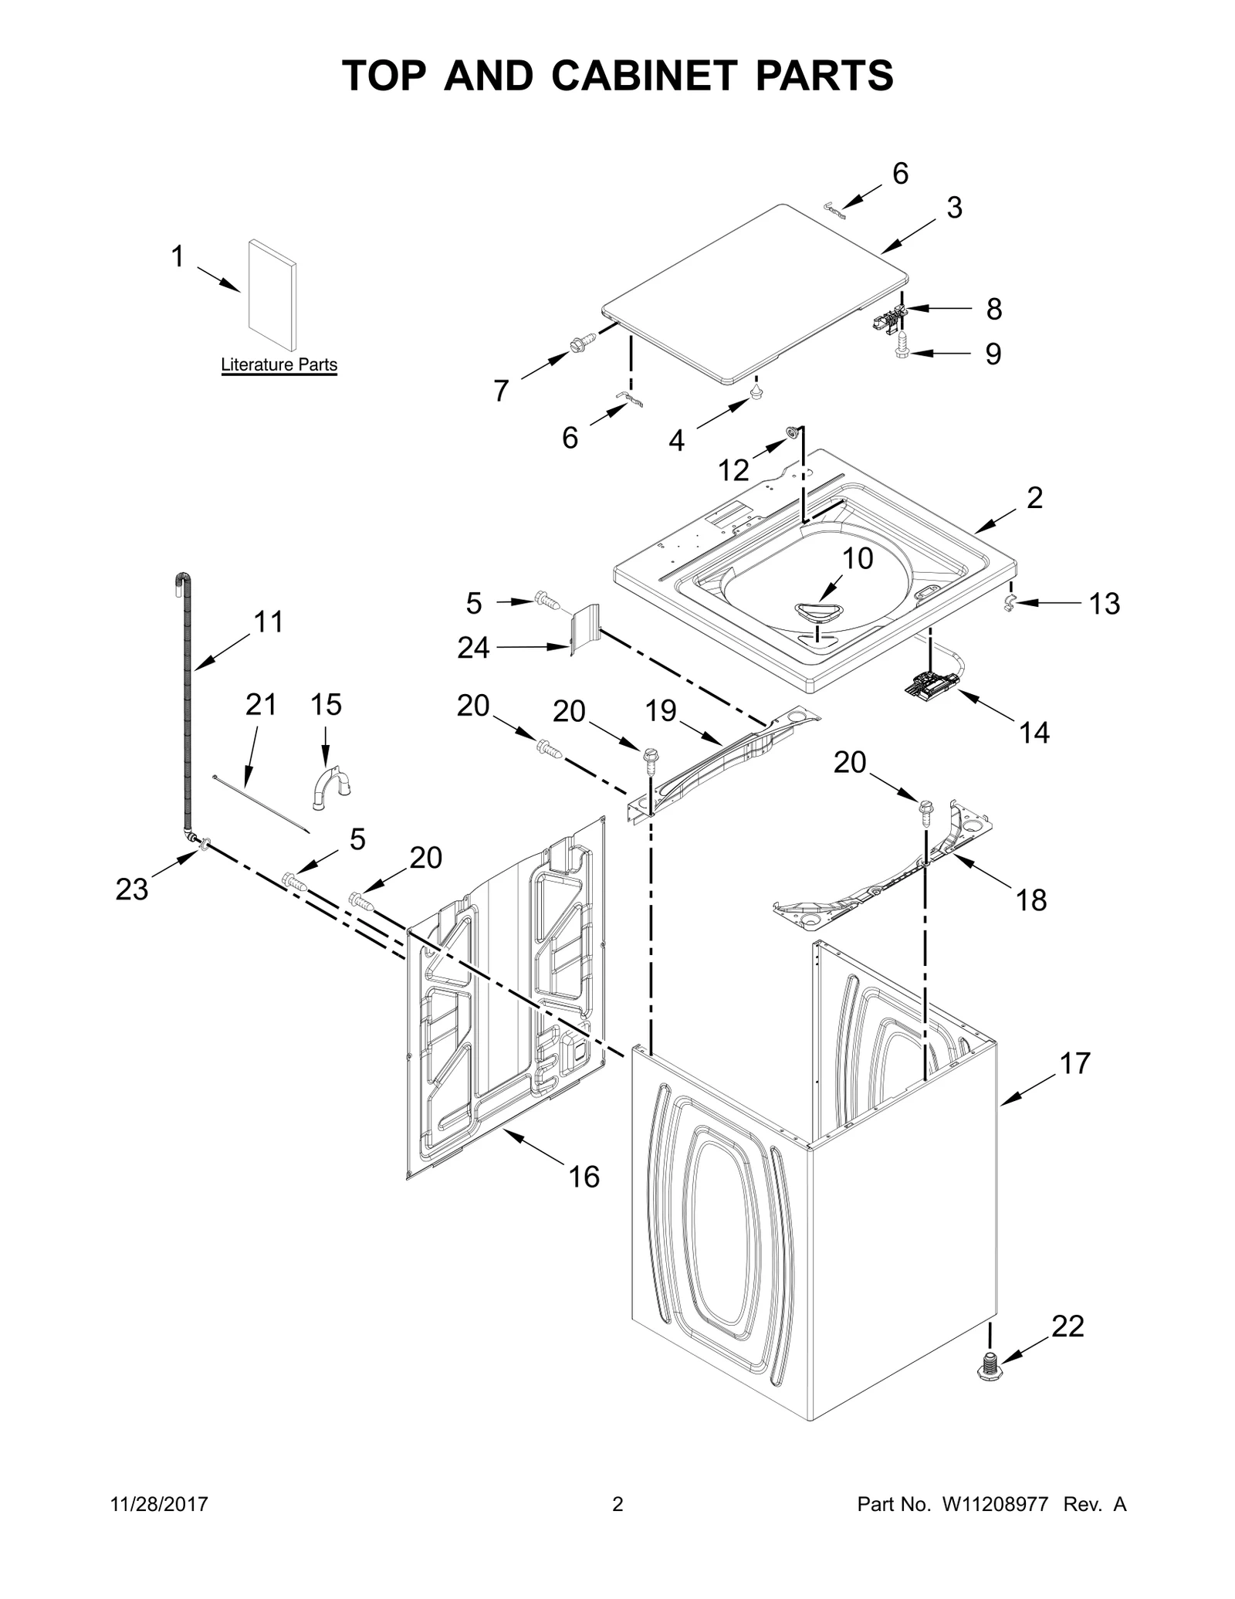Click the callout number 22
(1068, 1326)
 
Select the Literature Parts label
(279, 364)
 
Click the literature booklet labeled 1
(272, 295)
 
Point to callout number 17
(1074, 1063)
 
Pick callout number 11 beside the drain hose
(268, 622)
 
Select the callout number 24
(472, 648)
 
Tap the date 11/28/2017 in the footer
(160, 1504)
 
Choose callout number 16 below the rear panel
(584, 1177)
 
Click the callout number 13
(1104, 603)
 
